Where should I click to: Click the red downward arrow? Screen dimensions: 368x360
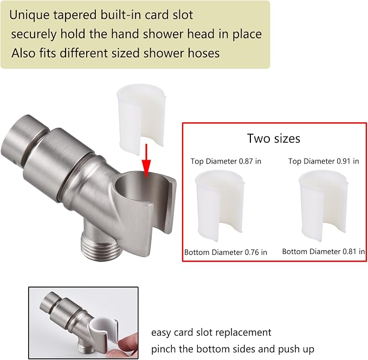coord(146,161)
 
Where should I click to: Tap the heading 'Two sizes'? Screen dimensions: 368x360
coord(273,138)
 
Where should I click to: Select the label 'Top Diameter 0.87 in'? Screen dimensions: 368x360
coord(226,161)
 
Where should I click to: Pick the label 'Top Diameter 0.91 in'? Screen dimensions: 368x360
coord(324,161)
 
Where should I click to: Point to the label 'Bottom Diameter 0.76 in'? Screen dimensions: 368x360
coord(225,252)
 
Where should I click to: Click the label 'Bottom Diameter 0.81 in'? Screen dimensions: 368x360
coord(324,252)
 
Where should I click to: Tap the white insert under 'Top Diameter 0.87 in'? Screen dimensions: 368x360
coord(219,205)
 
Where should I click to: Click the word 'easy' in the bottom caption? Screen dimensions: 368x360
coord(161,333)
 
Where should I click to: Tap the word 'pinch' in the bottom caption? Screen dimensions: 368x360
coord(164,349)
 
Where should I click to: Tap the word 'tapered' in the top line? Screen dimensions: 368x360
coord(75,16)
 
